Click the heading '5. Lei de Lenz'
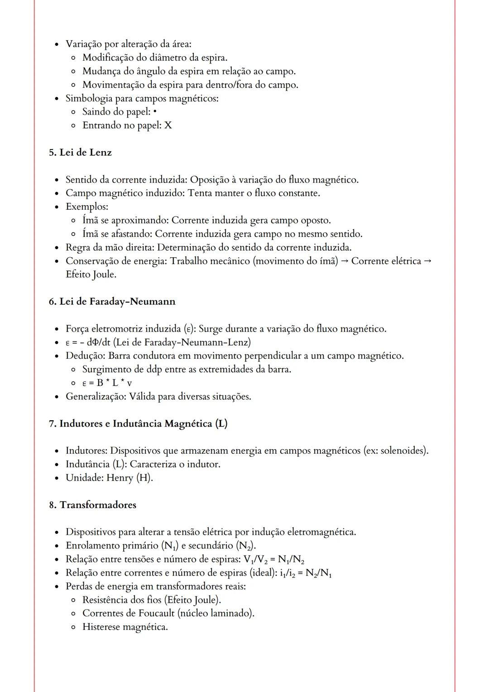80,153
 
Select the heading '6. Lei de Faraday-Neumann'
112,302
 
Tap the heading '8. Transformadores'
92,505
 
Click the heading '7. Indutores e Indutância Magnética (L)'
138,424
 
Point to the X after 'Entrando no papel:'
168,125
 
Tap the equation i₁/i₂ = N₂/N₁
306,573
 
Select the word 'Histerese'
101,627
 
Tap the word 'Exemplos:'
87,207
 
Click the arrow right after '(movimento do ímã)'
345,261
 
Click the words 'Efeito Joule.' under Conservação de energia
91,274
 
